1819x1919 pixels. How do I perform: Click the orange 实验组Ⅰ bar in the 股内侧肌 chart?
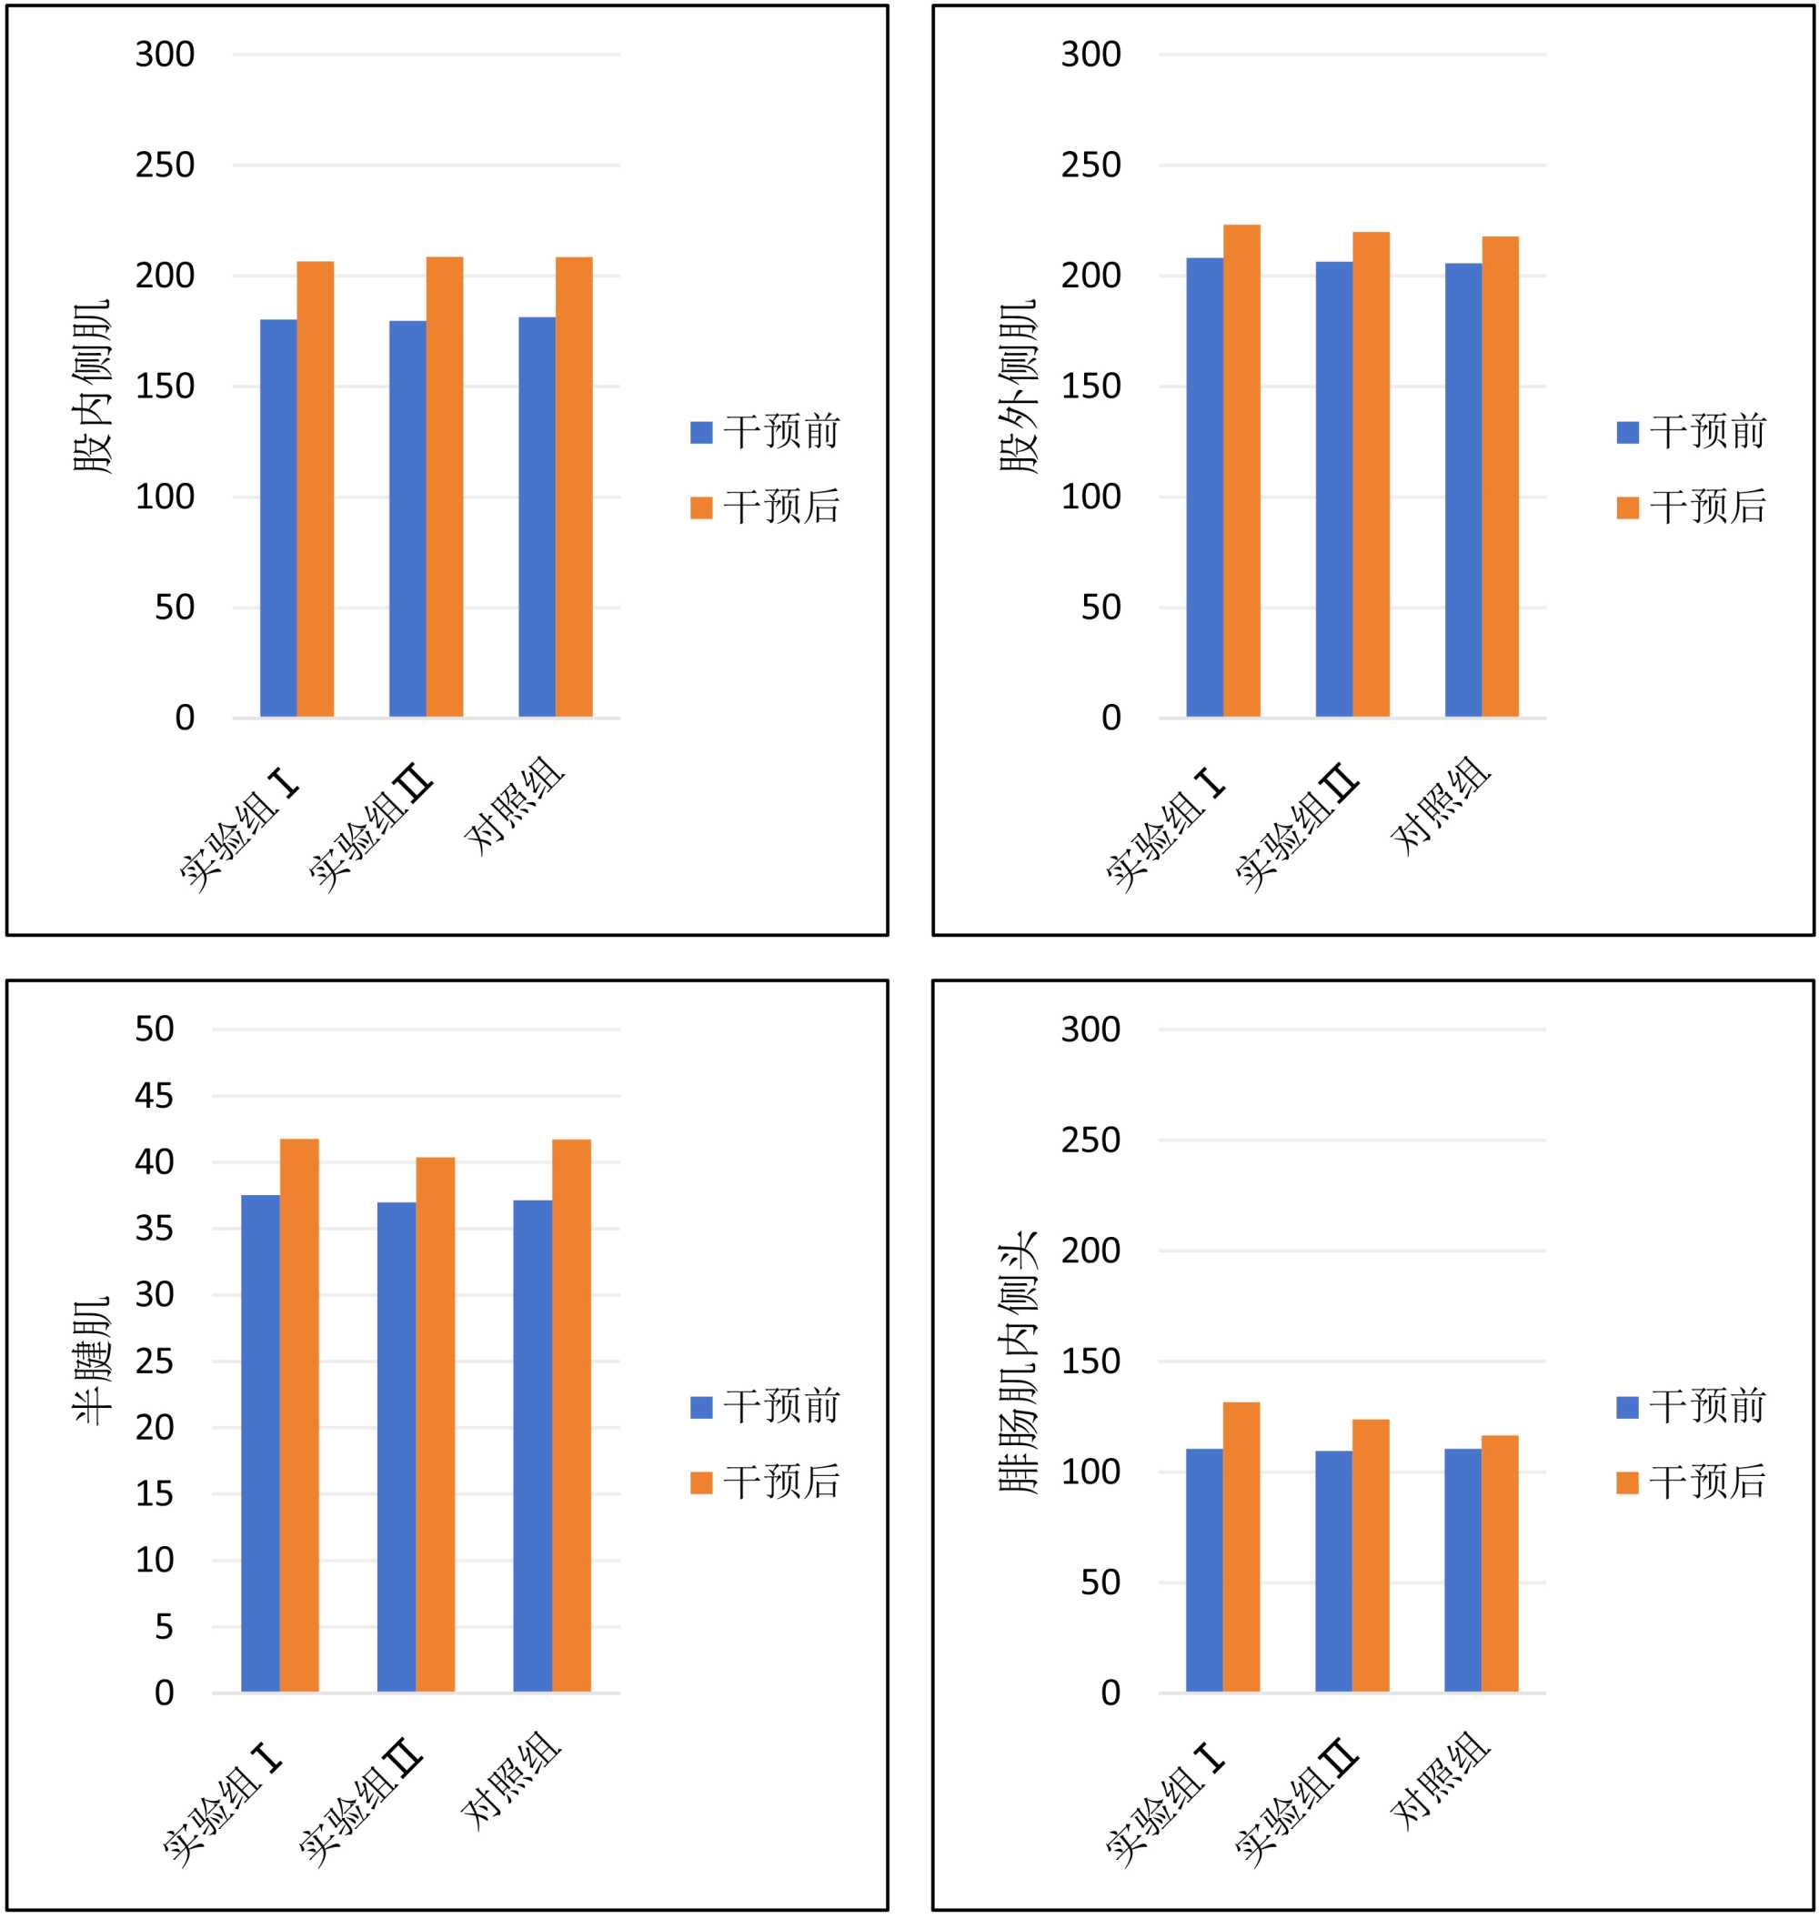point(315,488)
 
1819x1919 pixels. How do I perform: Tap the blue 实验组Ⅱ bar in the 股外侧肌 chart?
point(1333,488)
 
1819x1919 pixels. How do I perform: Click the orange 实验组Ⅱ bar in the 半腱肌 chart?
point(436,1424)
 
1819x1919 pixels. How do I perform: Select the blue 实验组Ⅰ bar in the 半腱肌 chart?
point(260,1444)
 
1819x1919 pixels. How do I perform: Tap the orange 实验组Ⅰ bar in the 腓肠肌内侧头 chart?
point(1241,1548)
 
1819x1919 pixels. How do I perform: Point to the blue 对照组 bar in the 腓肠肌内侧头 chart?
point(1462,1571)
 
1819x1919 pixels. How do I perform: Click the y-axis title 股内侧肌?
point(93,387)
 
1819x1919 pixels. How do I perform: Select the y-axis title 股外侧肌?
point(1019,387)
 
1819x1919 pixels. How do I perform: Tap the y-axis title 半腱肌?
point(93,1361)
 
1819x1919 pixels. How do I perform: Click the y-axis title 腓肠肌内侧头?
point(1019,1361)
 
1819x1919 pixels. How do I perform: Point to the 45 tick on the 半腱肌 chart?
point(155,1096)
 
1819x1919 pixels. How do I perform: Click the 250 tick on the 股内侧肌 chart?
point(165,165)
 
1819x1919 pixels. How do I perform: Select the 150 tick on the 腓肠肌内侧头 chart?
point(1090,1361)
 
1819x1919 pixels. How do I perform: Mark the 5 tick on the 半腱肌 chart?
point(164,1626)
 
